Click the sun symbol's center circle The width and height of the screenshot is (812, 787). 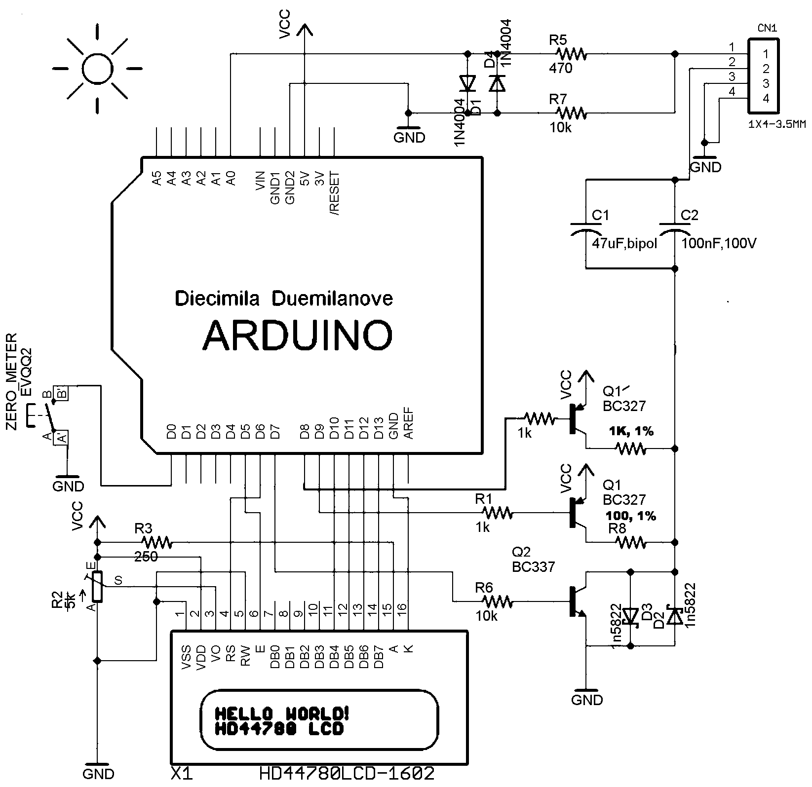98,68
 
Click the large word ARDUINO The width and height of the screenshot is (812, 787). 298,335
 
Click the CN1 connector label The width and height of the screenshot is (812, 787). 767,29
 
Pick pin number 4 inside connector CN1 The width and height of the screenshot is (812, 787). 766,98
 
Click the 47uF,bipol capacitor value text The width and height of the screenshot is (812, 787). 624,243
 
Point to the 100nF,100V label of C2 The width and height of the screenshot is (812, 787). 719,243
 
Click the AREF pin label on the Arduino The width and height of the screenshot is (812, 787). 409,425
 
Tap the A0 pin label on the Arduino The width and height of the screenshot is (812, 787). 231,178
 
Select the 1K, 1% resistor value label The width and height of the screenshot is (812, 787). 631,431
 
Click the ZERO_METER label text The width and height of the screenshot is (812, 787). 11,380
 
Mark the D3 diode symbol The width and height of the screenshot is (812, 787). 630,615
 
